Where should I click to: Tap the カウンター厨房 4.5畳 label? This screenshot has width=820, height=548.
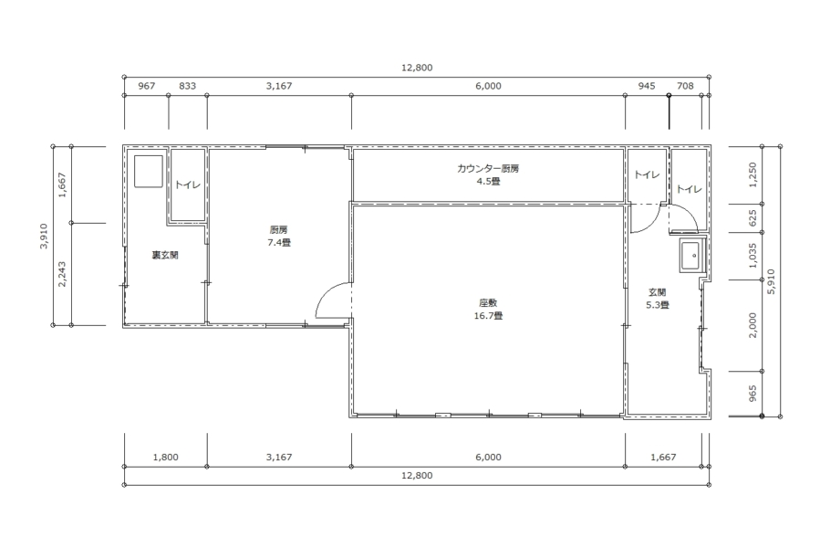pos(488,175)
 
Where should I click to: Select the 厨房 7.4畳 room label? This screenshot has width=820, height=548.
pos(279,236)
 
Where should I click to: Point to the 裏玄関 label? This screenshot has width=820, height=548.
pos(165,255)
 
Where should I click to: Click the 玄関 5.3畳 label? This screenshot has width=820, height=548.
pos(658,299)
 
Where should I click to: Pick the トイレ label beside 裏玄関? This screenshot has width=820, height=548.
pos(188,184)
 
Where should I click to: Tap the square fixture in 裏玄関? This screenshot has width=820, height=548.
pos(149,171)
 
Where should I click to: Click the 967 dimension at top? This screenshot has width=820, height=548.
pos(147,86)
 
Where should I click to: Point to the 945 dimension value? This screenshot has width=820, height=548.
pos(647,86)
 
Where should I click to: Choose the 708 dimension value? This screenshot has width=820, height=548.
pos(685,86)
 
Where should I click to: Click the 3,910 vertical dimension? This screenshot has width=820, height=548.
pos(44,236)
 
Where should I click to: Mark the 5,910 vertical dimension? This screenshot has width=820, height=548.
pos(772,281)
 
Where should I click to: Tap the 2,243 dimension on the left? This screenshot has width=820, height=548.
pos(62,274)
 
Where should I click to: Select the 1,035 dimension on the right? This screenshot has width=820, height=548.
pos(753,255)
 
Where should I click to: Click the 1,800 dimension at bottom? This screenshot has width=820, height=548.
pos(166,457)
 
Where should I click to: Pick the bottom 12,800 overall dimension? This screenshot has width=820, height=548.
pos(417,476)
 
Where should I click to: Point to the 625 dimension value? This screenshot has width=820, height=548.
pos(753,218)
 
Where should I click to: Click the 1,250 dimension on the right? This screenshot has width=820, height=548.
pos(753,174)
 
